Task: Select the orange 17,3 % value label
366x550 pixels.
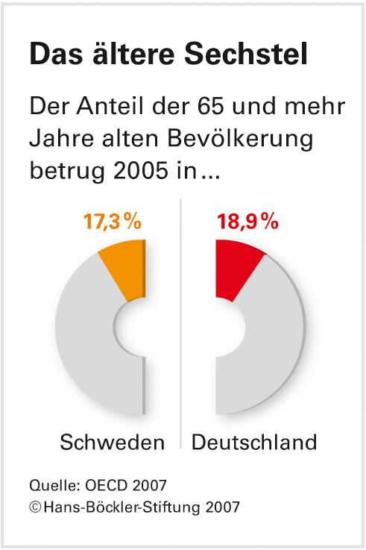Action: [111, 222]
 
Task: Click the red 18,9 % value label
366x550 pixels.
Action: [247, 222]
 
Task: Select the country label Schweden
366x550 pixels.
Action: [112, 443]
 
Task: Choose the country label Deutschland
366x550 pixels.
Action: [254, 443]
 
